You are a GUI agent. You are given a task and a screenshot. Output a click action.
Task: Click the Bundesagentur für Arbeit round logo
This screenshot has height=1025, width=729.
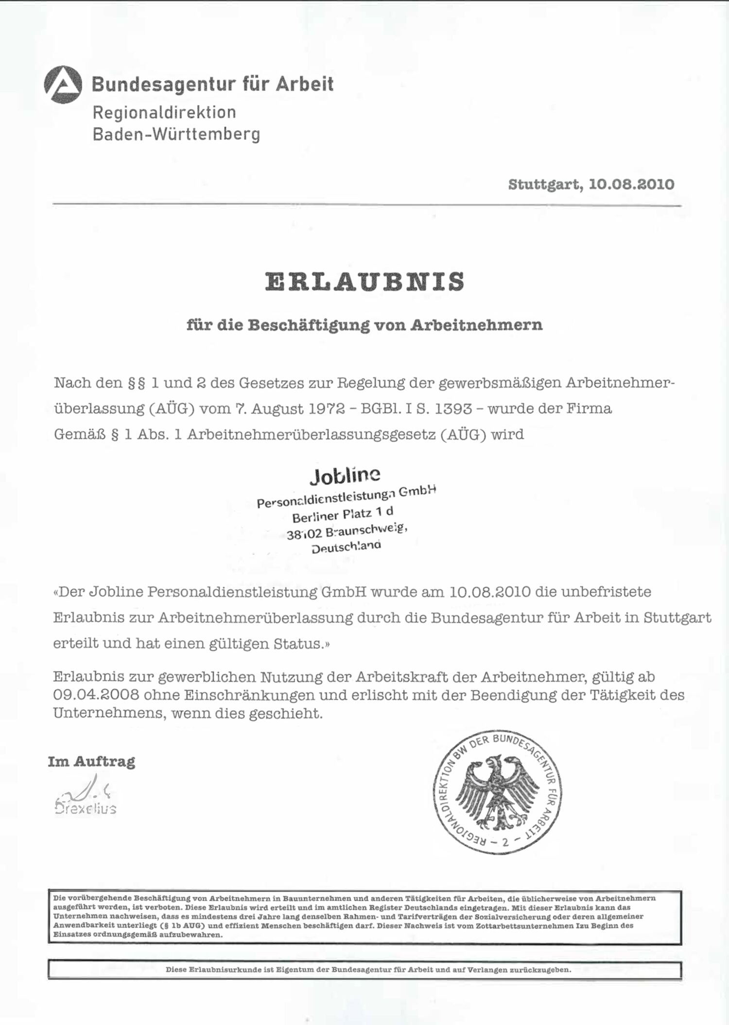(63, 85)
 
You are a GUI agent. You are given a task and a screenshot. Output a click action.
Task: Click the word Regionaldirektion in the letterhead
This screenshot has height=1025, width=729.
(164, 113)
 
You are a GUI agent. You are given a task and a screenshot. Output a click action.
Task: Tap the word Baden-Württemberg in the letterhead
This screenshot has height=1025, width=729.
(176, 135)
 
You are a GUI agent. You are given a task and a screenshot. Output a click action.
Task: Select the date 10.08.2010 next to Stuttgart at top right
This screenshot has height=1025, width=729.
(631, 185)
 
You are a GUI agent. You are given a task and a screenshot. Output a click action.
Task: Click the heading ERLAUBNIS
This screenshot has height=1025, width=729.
(364, 282)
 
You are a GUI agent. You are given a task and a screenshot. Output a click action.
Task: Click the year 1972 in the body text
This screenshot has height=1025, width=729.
(327, 409)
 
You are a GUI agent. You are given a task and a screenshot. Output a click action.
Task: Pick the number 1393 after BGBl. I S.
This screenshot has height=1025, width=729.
(453, 409)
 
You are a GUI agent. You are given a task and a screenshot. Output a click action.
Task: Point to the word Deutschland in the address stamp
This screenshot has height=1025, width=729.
(346, 547)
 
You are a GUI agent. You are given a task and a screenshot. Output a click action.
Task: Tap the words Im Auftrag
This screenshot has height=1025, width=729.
(91, 762)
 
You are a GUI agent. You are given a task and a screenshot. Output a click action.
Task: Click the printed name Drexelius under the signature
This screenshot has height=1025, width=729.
(86, 808)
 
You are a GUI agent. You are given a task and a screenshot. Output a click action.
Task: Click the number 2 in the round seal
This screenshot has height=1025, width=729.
(505, 842)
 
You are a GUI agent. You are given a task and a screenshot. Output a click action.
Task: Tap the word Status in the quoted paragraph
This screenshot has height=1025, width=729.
(298, 644)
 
